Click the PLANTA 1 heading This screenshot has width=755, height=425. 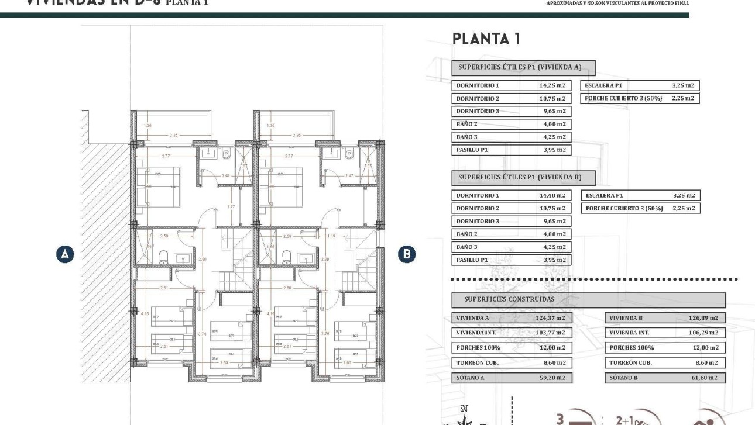(x=486, y=39)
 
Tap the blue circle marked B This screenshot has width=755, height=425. (x=406, y=254)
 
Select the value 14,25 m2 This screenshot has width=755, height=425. (x=552, y=85)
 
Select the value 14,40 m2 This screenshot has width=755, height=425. (x=552, y=195)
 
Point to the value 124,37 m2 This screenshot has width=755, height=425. (x=550, y=318)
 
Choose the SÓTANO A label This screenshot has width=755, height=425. (x=471, y=378)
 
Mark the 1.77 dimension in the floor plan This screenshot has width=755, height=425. (x=231, y=206)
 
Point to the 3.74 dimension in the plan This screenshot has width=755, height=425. (x=203, y=334)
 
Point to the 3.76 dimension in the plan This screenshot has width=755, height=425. (x=325, y=334)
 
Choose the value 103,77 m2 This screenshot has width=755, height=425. (x=550, y=333)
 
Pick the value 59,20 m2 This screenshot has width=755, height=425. (x=552, y=378)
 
